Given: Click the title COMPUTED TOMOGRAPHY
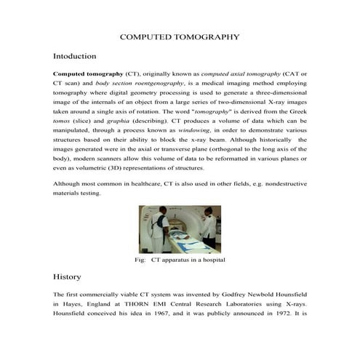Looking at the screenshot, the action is point(179,35).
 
